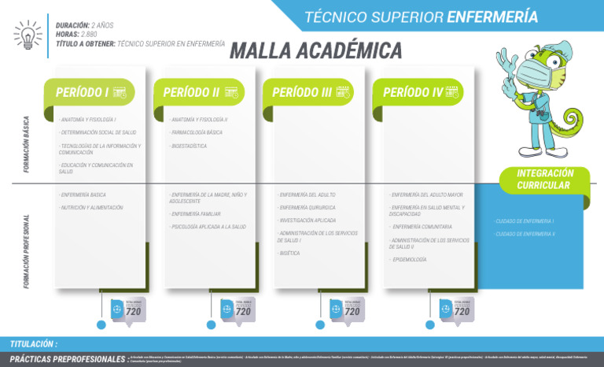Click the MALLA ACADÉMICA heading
(x=315, y=52)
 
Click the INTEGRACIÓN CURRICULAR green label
(x=545, y=180)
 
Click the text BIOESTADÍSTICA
(x=189, y=146)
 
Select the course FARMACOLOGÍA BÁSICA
(x=197, y=132)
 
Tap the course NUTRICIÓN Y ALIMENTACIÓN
(x=91, y=207)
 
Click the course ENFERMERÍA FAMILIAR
(x=195, y=213)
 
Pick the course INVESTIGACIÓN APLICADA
(x=307, y=221)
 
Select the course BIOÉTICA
(x=289, y=254)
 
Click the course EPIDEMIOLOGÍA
(x=409, y=259)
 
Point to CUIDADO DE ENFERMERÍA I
(x=524, y=221)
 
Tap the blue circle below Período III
(x=320, y=324)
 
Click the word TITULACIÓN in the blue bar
(x=34, y=344)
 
